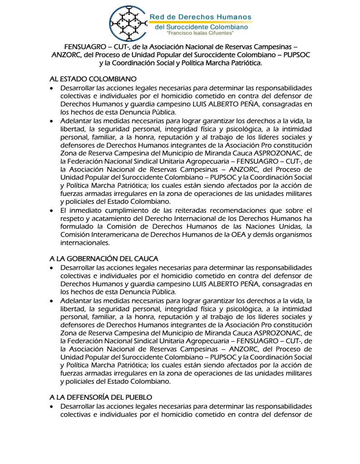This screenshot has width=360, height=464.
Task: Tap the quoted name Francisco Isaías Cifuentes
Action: click(x=200, y=34)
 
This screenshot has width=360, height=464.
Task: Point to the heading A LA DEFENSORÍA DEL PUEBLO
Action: click(x=100, y=397)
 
